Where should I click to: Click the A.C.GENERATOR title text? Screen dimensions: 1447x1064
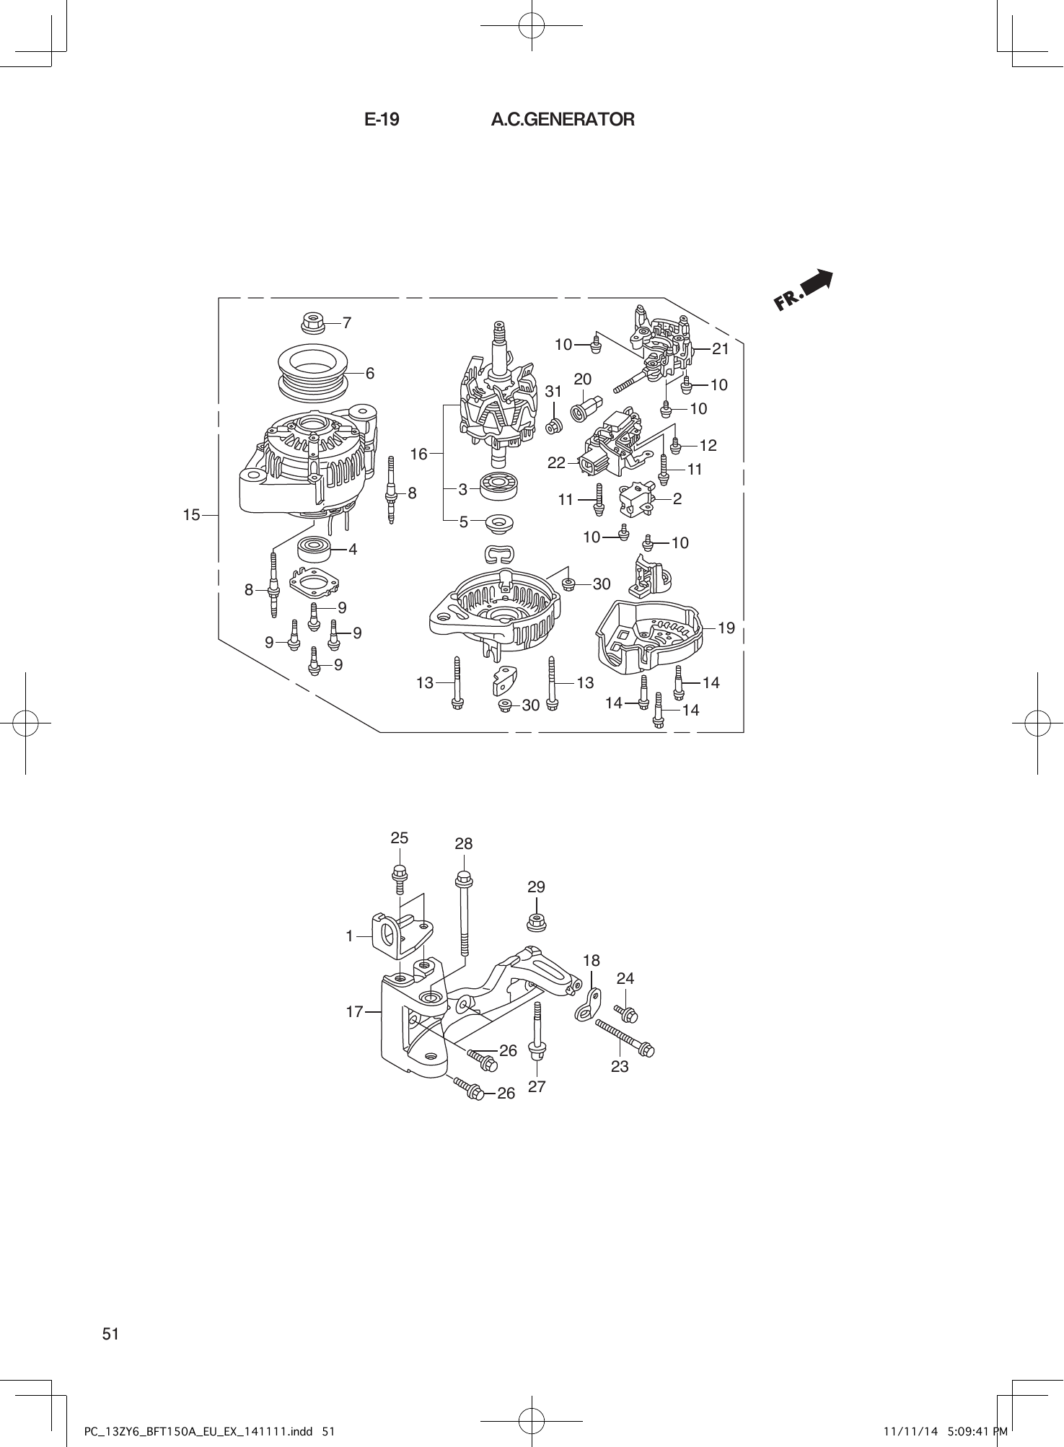point(563,120)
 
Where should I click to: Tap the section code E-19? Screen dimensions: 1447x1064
point(382,120)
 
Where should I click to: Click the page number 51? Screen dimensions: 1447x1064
point(110,1334)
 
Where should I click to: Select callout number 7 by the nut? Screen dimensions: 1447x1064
point(347,322)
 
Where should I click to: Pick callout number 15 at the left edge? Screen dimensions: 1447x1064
point(191,515)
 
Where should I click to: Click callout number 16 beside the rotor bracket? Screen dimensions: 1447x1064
point(419,454)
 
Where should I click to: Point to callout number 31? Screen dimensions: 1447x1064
point(553,392)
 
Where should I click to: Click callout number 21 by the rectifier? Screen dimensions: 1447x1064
point(721,349)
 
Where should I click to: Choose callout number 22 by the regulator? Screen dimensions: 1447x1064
point(556,463)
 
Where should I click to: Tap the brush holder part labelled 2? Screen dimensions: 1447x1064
point(636,499)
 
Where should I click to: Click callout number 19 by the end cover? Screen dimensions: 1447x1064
point(726,628)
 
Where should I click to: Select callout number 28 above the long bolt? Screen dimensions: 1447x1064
point(464,843)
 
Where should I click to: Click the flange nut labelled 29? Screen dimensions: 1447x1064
point(536,921)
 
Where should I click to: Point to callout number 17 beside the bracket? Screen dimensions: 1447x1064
point(354,1012)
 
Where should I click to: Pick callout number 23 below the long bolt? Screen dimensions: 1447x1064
point(620,1066)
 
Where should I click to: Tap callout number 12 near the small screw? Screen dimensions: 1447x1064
point(708,445)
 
